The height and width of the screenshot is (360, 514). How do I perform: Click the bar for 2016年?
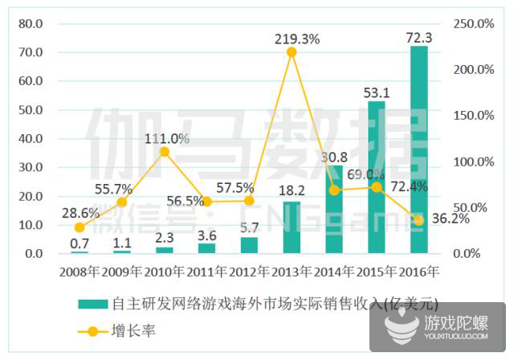point(418,150)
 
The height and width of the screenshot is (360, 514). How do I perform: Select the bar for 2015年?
point(376,178)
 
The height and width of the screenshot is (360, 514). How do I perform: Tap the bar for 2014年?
point(334,210)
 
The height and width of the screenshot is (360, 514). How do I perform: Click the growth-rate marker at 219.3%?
point(292,52)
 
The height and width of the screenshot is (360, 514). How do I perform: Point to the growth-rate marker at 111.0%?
point(165,151)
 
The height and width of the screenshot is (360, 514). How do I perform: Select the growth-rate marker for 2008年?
point(79,227)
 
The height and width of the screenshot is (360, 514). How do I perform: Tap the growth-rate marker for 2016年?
point(418,220)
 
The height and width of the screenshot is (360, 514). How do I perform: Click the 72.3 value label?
point(418,35)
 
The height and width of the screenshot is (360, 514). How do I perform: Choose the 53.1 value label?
point(376,91)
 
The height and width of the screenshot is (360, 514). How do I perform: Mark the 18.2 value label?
point(292,190)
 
